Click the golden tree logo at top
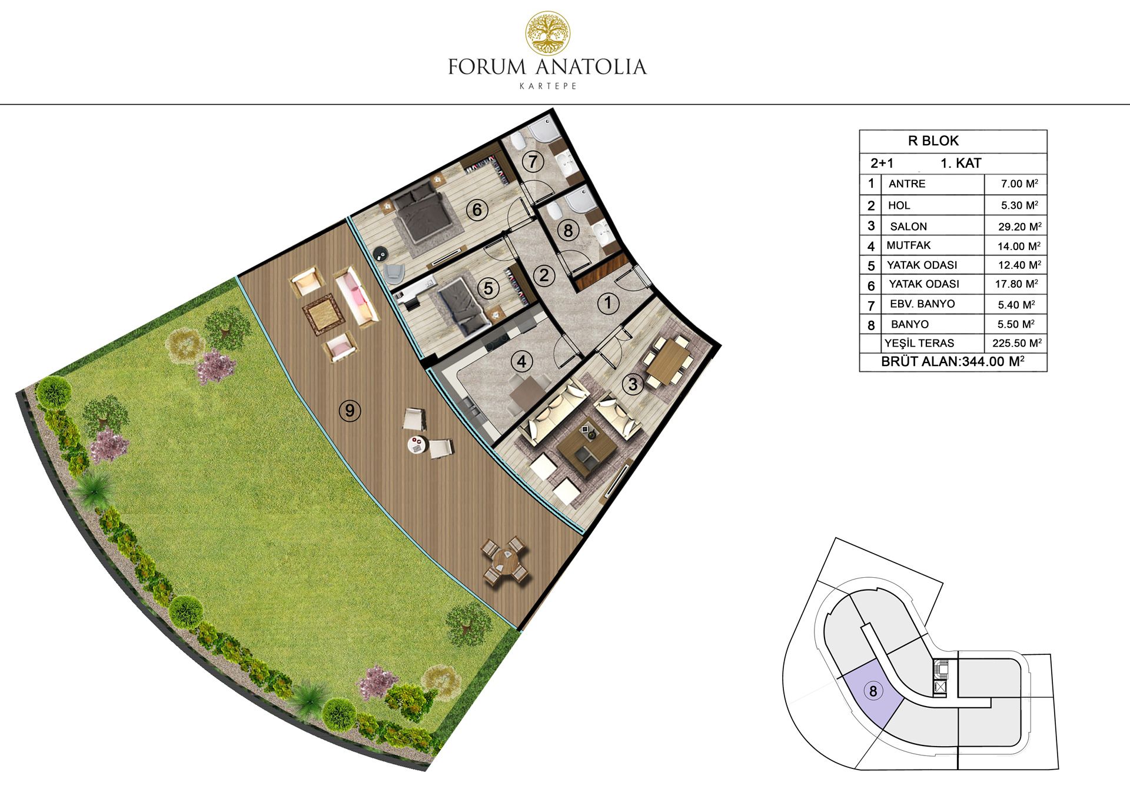click(547, 33)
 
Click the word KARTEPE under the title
click(547, 86)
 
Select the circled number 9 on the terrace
click(350, 410)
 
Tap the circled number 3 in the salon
click(633, 384)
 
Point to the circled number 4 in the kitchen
click(521, 361)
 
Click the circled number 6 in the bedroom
click(477, 209)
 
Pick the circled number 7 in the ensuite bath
click(533, 161)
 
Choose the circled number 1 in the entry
click(608, 304)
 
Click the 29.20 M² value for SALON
click(1019, 227)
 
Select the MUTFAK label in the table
click(908, 245)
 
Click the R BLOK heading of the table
click(933, 141)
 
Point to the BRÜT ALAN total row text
click(952, 361)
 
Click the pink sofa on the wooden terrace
click(357, 296)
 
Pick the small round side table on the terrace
click(417, 444)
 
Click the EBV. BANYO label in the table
click(922, 304)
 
